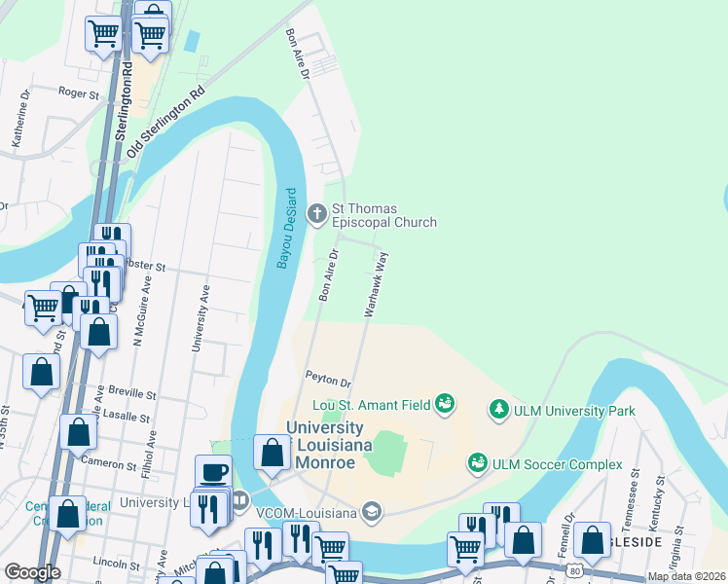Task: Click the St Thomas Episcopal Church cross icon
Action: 317,214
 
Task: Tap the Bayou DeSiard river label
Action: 287,229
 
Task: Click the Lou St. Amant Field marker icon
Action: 445,402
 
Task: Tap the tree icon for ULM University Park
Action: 499,411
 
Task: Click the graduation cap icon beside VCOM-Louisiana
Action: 370,510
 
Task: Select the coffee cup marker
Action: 213,472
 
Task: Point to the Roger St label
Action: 79,94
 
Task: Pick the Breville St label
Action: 132,395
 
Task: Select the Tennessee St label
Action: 634,487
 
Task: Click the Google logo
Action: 33,571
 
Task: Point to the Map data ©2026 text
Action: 686,576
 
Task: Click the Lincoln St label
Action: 117,563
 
